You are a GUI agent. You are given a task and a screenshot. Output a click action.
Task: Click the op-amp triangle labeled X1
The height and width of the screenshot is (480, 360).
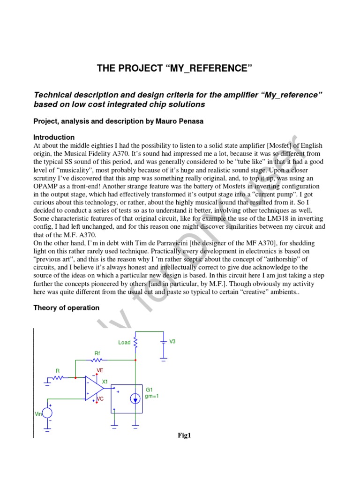(94, 388)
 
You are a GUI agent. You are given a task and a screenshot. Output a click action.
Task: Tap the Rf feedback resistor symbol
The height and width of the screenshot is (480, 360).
(97, 360)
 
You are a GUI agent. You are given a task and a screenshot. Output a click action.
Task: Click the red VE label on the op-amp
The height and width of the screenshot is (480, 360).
(99, 370)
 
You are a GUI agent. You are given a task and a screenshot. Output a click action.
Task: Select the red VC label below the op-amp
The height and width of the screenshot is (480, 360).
(99, 399)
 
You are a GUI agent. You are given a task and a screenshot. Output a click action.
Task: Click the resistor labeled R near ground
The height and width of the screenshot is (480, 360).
(59, 377)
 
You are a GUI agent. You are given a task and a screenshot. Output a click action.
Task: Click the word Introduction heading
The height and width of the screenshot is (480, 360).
(54, 137)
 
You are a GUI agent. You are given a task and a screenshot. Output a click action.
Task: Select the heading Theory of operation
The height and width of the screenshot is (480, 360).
(66, 308)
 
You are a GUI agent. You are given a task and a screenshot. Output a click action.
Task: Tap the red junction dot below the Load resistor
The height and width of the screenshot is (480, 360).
(135, 360)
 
